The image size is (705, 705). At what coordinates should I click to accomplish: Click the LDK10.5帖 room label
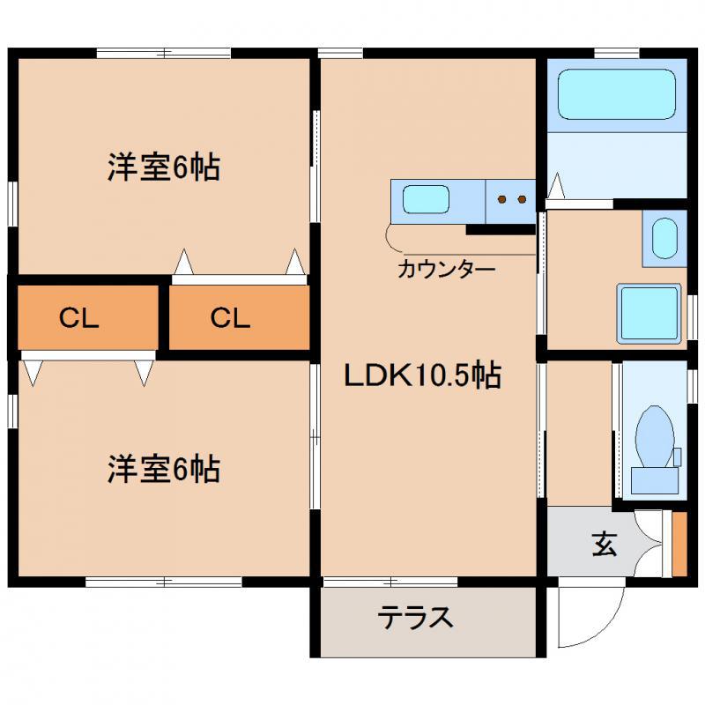click(x=423, y=375)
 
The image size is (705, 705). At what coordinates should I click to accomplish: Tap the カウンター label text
click(x=446, y=270)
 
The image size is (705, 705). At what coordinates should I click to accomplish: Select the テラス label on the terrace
click(x=415, y=617)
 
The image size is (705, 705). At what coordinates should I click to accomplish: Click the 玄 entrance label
click(x=604, y=544)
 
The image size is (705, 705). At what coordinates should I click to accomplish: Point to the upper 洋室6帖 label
click(x=164, y=167)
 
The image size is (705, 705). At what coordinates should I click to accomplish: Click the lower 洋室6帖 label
click(x=164, y=470)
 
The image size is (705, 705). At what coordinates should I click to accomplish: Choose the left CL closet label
click(x=78, y=317)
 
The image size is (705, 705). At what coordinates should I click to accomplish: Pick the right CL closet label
click(x=230, y=317)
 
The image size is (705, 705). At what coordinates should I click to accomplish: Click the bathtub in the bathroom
click(x=617, y=94)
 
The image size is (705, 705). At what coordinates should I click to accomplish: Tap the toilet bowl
click(x=655, y=436)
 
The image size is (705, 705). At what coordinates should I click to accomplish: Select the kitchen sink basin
click(x=426, y=199)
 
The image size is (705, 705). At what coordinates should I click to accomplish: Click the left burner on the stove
click(x=501, y=199)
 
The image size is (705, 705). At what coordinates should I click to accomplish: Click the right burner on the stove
click(x=522, y=199)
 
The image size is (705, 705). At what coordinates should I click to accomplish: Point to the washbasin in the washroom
click(x=664, y=238)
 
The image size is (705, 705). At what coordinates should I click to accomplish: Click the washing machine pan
click(x=649, y=314)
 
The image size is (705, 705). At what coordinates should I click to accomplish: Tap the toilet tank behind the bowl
click(x=655, y=480)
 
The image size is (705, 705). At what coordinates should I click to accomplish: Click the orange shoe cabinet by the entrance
click(x=679, y=544)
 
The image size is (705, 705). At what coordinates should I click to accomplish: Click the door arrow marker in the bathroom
click(x=557, y=185)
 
